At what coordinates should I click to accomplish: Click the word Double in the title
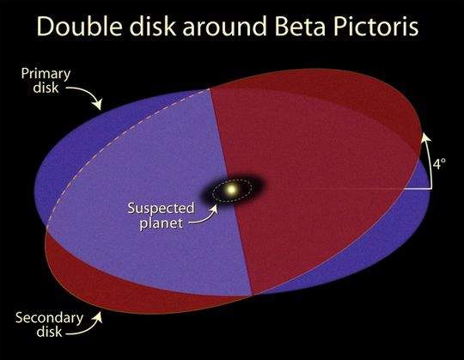point(79,26)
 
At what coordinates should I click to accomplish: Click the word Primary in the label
point(46,74)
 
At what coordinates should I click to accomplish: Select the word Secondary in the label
point(50,318)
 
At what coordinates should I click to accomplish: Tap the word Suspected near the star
point(161,209)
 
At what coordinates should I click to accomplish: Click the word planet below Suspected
point(161,223)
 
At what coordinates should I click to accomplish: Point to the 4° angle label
point(439,163)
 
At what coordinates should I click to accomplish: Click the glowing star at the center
point(231,188)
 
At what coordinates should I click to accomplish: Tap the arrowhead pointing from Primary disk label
point(97,104)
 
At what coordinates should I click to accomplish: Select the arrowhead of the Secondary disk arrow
point(98,318)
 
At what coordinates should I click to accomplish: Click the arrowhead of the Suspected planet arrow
point(214,209)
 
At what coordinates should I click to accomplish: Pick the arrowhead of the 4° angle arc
point(425,137)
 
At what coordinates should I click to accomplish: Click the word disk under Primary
point(46,88)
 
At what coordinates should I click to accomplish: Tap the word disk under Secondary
point(50,332)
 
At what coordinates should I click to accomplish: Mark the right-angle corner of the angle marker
point(430,188)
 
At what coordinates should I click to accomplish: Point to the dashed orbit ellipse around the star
point(232,180)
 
